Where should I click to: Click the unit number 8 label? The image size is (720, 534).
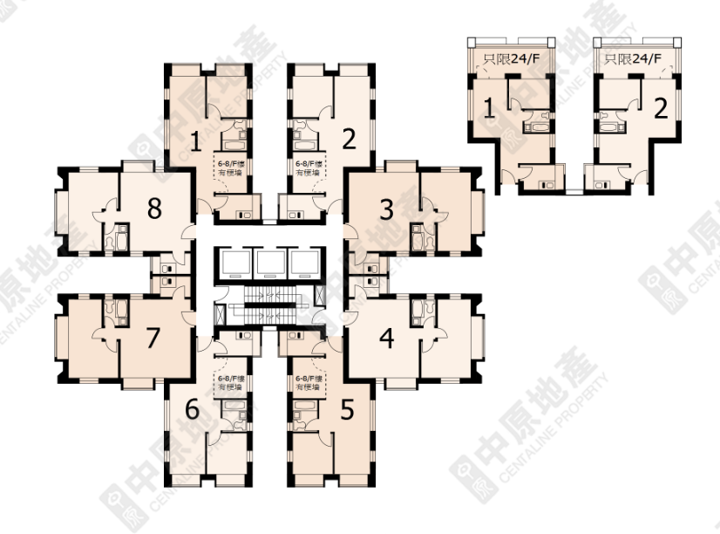(x=154, y=209)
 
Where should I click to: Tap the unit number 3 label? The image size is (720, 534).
(x=385, y=209)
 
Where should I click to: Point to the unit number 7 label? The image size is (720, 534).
(x=154, y=337)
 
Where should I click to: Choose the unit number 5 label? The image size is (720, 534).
(x=347, y=407)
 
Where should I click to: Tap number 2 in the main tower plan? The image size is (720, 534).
(x=349, y=140)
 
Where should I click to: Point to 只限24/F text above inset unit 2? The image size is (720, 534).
(x=634, y=59)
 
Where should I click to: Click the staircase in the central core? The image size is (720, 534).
(x=270, y=305)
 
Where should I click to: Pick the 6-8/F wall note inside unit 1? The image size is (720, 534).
(x=229, y=168)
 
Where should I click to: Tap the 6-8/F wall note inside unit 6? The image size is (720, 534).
(x=229, y=382)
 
